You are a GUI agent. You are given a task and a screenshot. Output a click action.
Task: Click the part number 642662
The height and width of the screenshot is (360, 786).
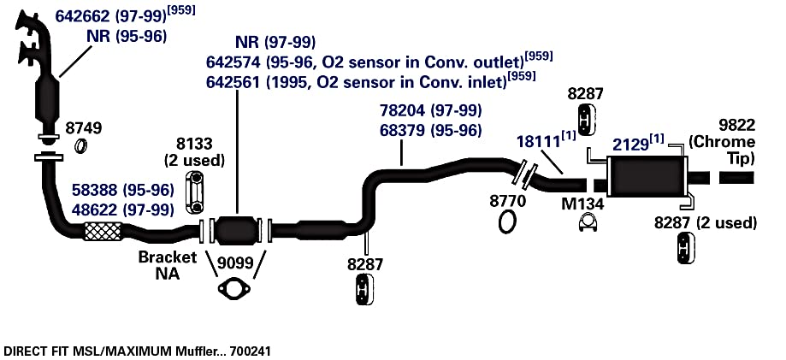coord(82,16)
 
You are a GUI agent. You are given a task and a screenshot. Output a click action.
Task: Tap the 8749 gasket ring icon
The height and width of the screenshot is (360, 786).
coord(80,146)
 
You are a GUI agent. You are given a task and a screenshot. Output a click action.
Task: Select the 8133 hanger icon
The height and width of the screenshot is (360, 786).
coord(196,192)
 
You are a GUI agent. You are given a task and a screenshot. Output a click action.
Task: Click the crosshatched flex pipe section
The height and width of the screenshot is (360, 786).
coord(103,231)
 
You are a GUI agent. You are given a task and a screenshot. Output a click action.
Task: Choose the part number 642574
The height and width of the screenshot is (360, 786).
coord(233,62)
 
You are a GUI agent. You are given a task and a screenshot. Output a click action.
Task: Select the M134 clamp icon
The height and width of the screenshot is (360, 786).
coord(590,223)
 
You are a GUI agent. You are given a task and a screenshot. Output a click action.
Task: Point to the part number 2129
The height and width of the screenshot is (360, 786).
coord(630,145)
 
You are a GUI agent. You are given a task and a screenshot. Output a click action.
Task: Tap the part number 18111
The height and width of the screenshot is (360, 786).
coord(538,141)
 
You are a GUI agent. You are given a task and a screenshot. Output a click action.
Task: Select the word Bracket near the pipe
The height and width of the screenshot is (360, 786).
coord(168,257)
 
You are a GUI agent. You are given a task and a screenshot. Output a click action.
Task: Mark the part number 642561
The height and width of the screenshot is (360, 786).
coord(233,82)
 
